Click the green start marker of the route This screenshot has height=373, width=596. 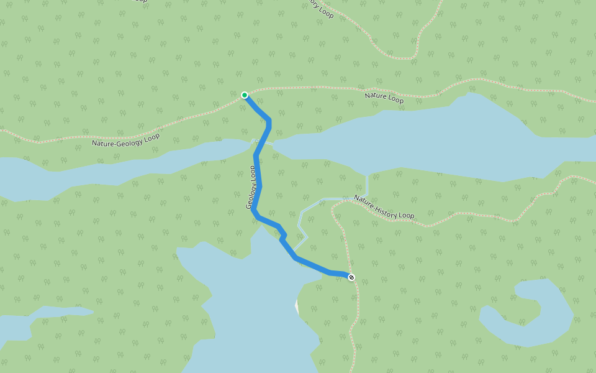tap(245, 95)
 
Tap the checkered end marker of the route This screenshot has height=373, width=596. tap(351, 277)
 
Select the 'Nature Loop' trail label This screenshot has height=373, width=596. tap(384, 98)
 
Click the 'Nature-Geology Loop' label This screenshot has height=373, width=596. tap(125, 139)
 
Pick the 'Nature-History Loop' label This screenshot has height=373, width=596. tap(384, 207)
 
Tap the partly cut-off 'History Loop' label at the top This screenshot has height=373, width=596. tap(320, 7)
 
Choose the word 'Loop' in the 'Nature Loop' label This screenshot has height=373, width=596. tap(395, 99)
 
